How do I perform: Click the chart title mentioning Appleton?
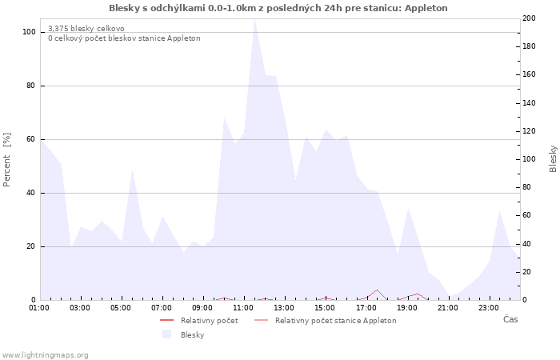(278, 8)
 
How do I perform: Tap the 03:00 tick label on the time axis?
(80, 307)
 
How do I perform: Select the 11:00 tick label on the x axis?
(244, 307)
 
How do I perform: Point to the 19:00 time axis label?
(407, 307)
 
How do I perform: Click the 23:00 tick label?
(489, 307)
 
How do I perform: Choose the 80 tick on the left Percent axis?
(30, 86)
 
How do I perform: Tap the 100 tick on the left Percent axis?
(29, 32)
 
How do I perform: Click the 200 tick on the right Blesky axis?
(529, 18)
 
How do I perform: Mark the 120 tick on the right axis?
(529, 131)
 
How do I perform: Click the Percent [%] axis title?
(7, 159)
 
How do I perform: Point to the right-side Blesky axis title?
(553, 158)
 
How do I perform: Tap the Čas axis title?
(510, 320)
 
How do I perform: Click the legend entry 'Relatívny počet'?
(209, 321)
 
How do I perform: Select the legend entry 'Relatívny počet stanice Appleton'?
(335, 321)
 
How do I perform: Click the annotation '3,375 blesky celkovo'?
(86, 28)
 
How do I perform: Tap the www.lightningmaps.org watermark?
(45, 355)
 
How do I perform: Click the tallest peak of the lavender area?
(254, 19)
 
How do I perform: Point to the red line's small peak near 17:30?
(377, 290)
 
